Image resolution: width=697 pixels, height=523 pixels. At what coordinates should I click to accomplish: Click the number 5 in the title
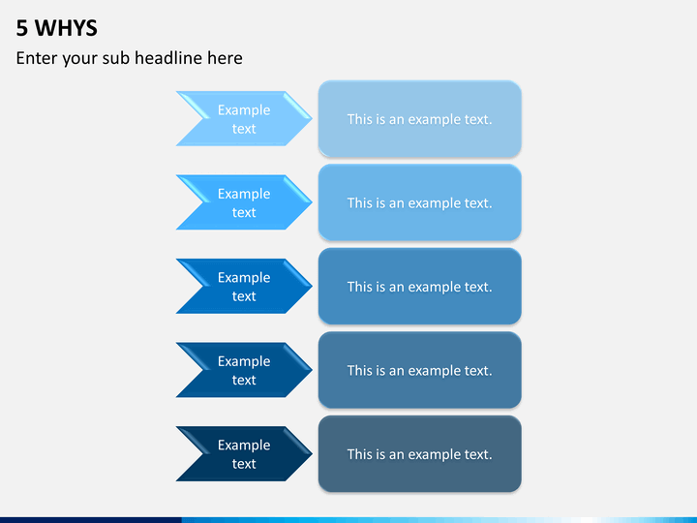[21, 28]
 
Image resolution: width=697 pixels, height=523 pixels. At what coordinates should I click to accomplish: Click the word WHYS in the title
[66, 28]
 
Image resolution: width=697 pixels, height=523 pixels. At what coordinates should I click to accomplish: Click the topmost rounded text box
[419, 119]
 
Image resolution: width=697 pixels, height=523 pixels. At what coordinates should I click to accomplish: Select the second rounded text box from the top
[419, 202]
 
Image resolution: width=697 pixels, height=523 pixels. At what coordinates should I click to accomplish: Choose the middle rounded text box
[419, 286]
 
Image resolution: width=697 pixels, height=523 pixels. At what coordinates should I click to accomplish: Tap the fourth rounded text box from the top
[419, 370]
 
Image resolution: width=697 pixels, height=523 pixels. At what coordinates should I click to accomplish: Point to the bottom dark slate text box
[419, 453]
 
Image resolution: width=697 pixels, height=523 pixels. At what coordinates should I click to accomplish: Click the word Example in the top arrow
[244, 110]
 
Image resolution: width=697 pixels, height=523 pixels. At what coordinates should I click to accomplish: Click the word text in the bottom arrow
[244, 463]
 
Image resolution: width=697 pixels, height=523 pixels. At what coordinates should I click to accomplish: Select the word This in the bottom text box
[359, 454]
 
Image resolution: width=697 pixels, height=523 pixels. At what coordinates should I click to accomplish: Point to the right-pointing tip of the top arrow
[312, 119]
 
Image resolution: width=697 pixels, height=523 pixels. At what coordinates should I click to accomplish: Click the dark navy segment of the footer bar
[91, 520]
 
